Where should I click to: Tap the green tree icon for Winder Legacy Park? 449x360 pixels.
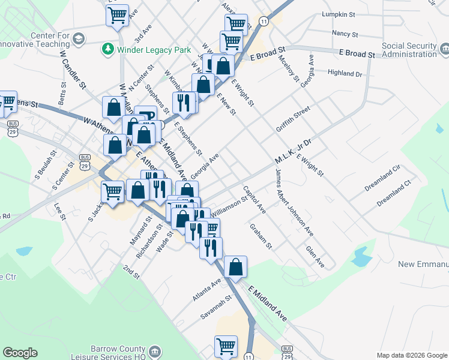tap(108, 47)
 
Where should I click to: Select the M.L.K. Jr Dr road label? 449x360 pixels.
tap(294, 152)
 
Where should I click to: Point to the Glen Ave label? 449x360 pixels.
tap(315, 257)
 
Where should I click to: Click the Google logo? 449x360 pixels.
tap(20, 353)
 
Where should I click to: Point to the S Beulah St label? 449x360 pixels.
tap(46, 167)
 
